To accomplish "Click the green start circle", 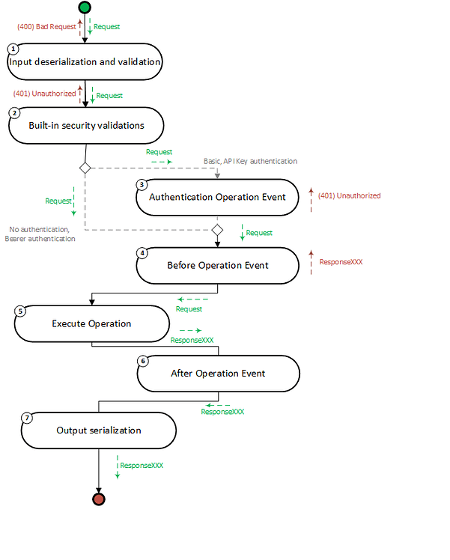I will (84, 7).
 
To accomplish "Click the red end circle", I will (98, 499).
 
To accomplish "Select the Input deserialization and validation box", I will (85, 62).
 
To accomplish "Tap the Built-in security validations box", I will (86, 126).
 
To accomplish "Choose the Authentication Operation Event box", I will (217, 198).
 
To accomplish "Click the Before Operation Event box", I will (217, 265).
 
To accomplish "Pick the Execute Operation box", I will (91, 324).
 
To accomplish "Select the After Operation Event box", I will (218, 373).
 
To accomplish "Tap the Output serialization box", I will (99, 430).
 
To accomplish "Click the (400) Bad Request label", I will (46, 27).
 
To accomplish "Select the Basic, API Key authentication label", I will (250, 161).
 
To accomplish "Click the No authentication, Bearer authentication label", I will (43, 234).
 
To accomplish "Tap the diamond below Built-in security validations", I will (85, 168).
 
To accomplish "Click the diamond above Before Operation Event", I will (217, 229).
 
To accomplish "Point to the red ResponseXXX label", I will (341, 263).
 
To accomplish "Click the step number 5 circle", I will (20, 311).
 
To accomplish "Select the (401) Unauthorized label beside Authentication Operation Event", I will (349, 195).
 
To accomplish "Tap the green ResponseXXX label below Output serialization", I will (142, 465).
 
